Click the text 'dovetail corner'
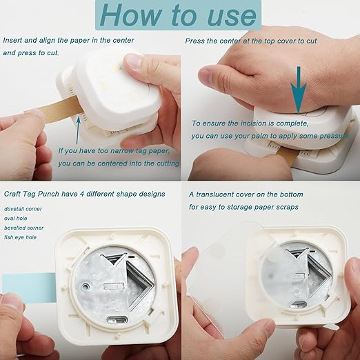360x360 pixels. click(x=23, y=208)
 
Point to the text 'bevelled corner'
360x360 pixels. click(x=23, y=228)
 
